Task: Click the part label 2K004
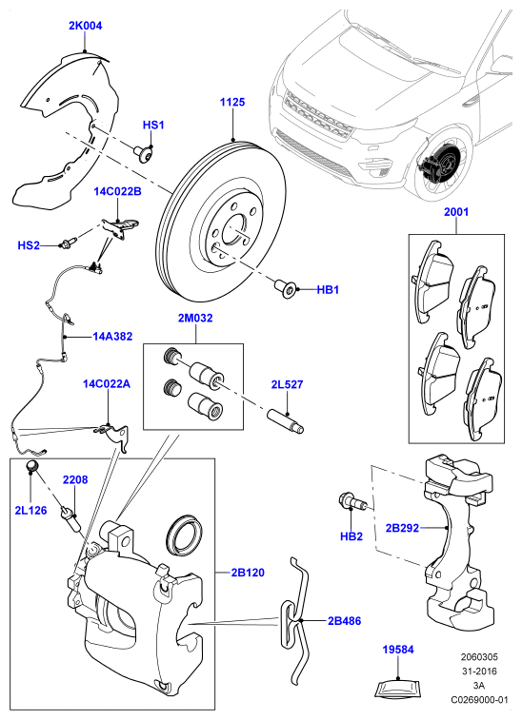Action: (85, 26)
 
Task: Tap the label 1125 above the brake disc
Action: (232, 102)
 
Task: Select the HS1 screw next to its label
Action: (143, 152)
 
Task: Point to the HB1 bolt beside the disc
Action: (286, 289)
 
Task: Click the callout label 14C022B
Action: (118, 191)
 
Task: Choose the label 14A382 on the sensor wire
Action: (112, 336)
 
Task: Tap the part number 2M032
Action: (195, 318)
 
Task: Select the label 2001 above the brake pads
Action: (456, 212)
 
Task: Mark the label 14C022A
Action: (107, 383)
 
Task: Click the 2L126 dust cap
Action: (32, 466)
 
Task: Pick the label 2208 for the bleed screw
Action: (75, 479)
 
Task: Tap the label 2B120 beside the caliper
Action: (248, 573)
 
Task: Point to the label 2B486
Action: (345, 621)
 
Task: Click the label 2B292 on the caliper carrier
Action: (402, 528)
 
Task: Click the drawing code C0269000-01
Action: (480, 700)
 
